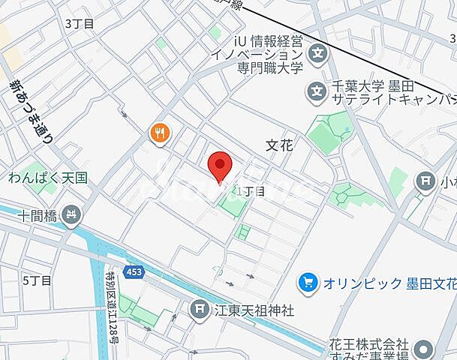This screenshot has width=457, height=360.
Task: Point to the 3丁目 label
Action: click(x=80, y=23)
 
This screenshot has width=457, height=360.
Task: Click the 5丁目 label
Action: click(x=37, y=280)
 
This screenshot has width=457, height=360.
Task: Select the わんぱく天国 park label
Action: click(x=49, y=178)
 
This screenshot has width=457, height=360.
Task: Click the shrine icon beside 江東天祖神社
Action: click(x=199, y=308)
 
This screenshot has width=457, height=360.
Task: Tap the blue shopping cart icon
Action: click(x=307, y=283)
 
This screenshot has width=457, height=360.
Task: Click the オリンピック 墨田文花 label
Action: click(x=389, y=283)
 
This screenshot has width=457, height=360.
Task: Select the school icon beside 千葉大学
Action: click(x=314, y=91)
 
